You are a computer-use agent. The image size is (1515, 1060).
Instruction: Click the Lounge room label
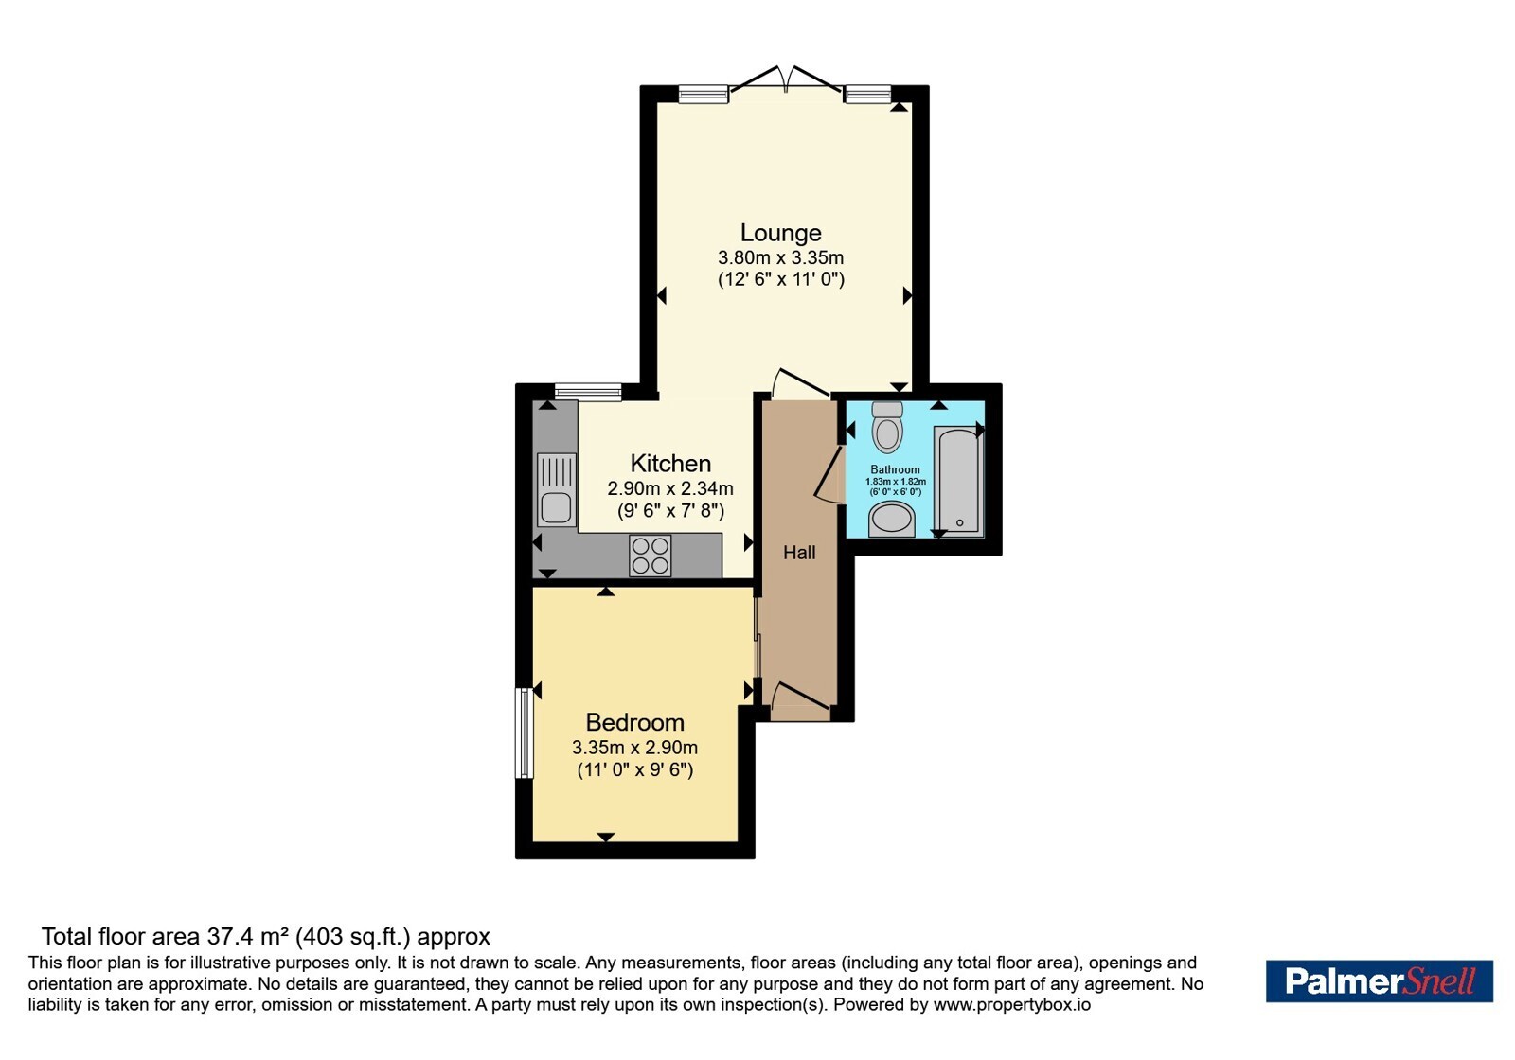(x=780, y=233)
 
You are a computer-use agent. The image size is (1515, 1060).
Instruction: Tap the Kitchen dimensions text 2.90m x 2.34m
(x=670, y=488)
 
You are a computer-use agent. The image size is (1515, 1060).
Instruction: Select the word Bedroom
(x=635, y=723)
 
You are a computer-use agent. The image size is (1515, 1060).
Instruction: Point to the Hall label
(x=799, y=553)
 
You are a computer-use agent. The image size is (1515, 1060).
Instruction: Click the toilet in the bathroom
(x=887, y=427)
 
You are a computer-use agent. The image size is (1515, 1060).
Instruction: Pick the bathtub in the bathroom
(x=958, y=480)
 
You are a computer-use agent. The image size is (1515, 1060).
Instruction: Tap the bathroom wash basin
(x=892, y=520)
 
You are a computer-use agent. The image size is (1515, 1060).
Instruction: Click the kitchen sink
(x=557, y=490)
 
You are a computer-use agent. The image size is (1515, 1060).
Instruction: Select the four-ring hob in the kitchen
(x=650, y=556)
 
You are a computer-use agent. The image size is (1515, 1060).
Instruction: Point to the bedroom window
(x=525, y=733)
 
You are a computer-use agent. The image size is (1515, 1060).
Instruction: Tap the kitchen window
(x=588, y=392)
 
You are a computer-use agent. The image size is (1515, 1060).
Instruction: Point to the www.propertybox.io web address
(x=1012, y=1005)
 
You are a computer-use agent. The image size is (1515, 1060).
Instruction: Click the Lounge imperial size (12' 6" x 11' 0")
(x=781, y=279)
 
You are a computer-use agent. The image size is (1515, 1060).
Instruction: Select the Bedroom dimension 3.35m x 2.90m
(x=635, y=748)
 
